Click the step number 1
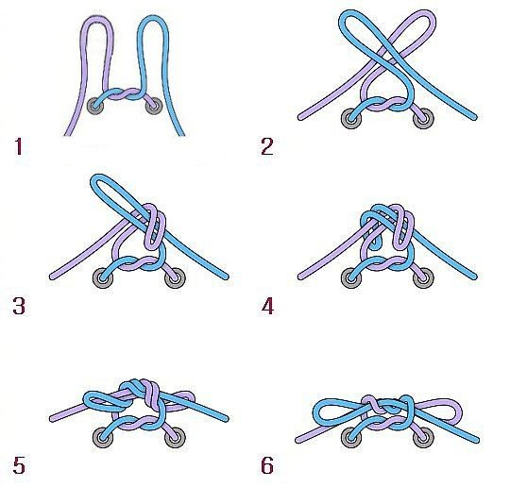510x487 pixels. (x=19, y=146)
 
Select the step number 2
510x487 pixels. (x=267, y=146)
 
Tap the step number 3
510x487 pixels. (x=19, y=306)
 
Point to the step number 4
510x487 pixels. (x=267, y=306)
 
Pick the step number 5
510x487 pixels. (x=19, y=465)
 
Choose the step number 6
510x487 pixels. (x=267, y=465)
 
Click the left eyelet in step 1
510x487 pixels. (x=95, y=106)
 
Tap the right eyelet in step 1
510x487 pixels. (x=154, y=106)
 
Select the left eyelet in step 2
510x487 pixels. (x=351, y=119)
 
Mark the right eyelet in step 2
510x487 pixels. (x=423, y=119)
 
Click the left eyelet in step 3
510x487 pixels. (x=103, y=278)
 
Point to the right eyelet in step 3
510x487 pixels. (x=176, y=278)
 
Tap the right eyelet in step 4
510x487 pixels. (x=423, y=278)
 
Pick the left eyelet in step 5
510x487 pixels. (x=103, y=437)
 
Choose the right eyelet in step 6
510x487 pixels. (x=423, y=437)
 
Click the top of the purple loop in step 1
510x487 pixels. (x=97, y=19)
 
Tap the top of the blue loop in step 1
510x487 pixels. (x=153, y=18)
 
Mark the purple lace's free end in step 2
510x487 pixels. (x=300, y=117)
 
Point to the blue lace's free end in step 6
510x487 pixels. (x=476, y=440)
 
